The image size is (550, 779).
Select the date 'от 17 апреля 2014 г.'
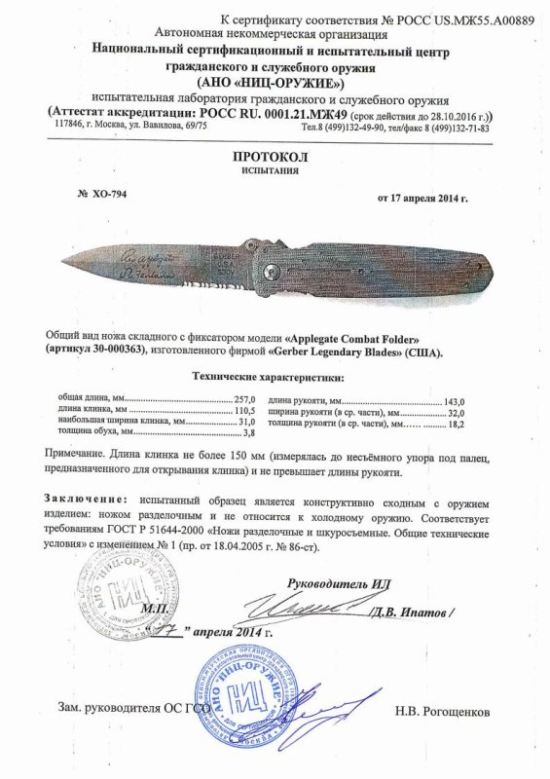[x=422, y=199]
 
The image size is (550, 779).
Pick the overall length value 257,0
[x=243, y=400]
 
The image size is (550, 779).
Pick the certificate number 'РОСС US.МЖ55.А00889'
[x=465, y=20]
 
